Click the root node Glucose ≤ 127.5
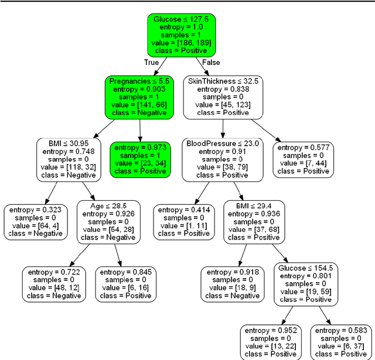(182, 35)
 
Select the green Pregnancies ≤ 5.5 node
(139, 97)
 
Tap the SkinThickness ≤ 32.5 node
(222, 97)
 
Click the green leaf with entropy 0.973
(139, 159)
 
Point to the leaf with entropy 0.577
(303, 159)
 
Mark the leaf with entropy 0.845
(125, 284)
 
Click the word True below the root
(152, 62)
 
